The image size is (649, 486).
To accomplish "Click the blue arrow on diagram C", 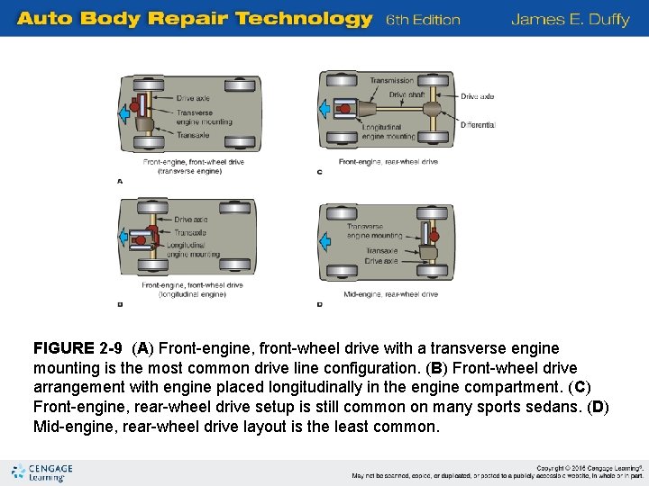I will coord(324,109).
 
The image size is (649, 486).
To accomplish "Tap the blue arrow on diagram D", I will coord(324,238).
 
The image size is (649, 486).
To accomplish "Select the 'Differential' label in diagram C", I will coord(477,125).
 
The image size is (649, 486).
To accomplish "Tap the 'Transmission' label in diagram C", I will coord(391,81).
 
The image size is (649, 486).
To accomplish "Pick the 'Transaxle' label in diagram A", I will coord(193,135).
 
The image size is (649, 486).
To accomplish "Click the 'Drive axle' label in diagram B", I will coord(190,220).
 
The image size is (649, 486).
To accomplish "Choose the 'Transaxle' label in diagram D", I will coord(381,251).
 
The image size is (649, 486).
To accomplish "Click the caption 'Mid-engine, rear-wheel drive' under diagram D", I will coord(390,294).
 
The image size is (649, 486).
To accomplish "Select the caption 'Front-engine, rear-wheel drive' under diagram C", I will coord(388,162).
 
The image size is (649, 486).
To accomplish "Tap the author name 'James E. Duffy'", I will coord(570,19).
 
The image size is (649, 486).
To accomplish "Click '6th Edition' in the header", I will coord(423,20).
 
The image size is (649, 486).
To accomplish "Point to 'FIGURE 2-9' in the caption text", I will coord(77,348).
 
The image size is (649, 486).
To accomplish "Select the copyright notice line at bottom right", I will coord(590,468).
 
